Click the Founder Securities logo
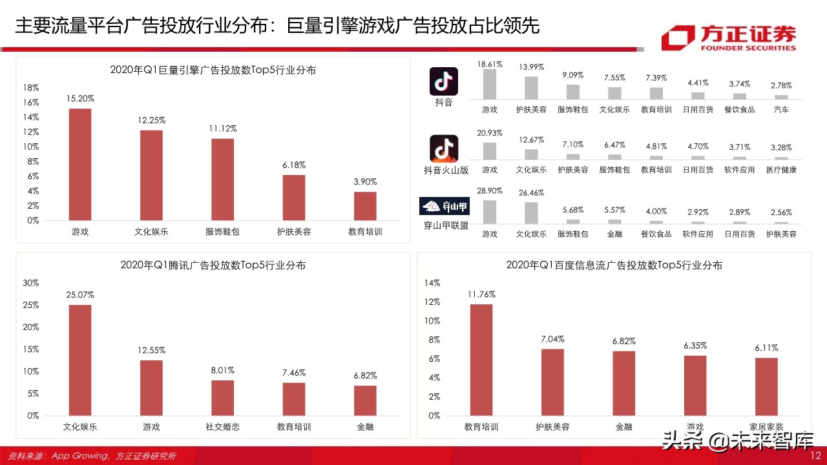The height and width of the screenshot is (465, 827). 728,37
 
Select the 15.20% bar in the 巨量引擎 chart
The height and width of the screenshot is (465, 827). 80,164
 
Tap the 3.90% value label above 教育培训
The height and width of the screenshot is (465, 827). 365,182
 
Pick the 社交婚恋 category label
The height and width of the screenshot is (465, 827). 222,427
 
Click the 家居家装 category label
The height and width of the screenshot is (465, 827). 766,427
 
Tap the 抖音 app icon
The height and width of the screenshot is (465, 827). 444,81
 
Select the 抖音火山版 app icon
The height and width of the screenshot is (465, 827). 444,149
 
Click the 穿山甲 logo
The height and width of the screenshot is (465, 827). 445,207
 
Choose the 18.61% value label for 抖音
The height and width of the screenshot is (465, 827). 490,65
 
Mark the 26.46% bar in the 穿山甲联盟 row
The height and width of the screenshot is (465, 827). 531,212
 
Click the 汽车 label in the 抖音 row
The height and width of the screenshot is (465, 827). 781,110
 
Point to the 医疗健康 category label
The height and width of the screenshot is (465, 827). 781,170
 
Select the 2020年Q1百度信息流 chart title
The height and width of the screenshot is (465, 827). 614,265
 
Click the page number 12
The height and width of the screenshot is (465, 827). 815,456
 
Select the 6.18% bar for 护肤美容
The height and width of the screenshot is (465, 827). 293,198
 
